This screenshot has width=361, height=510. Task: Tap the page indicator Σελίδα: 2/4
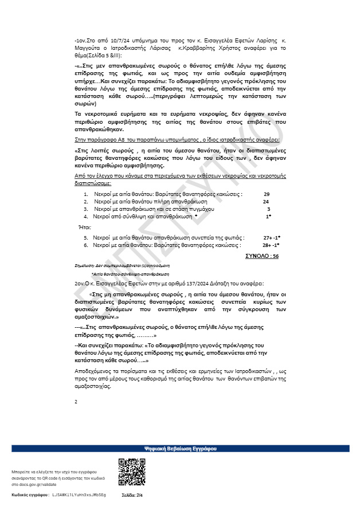(x=132, y=494)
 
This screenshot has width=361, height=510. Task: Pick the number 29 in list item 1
(x=266, y=195)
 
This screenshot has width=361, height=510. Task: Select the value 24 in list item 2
(x=266, y=202)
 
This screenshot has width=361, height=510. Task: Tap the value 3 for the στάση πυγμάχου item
(x=268, y=210)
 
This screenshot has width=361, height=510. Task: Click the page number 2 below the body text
(x=76, y=401)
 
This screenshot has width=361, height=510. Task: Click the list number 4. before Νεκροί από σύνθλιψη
(x=86, y=217)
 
